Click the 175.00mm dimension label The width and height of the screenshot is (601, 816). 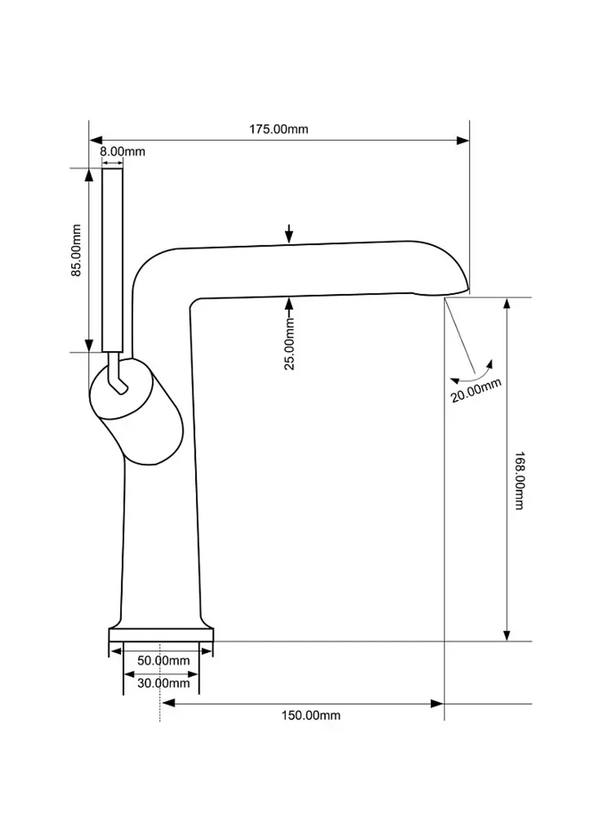(x=278, y=129)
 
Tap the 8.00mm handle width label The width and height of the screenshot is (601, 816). (x=123, y=152)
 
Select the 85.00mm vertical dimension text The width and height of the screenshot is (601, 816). (x=76, y=251)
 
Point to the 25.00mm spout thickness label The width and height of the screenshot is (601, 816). (x=289, y=344)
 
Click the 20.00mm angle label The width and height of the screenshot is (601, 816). (x=476, y=390)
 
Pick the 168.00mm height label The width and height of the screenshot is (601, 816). (x=519, y=481)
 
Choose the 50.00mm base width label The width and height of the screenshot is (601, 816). (x=163, y=660)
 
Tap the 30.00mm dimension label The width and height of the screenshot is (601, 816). (x=163, y=683)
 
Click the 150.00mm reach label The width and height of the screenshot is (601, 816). (x=311, y=716)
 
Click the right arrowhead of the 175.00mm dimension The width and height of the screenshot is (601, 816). (x=463, y=141)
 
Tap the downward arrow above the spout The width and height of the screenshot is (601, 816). (x=289, y=234)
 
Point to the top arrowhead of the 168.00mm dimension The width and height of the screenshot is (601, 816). (x=507, y=303)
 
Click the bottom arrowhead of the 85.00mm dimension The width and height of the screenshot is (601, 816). (x=89, y=346)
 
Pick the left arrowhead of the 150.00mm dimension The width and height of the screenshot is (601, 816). (x=168, y=703)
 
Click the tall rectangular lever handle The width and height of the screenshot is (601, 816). (x=112, y=260)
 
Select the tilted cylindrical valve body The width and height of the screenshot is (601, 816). (x=136, y=412)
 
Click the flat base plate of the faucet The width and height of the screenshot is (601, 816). (x=161, y=635)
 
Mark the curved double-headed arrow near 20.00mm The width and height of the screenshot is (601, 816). (x=472, y=375)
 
